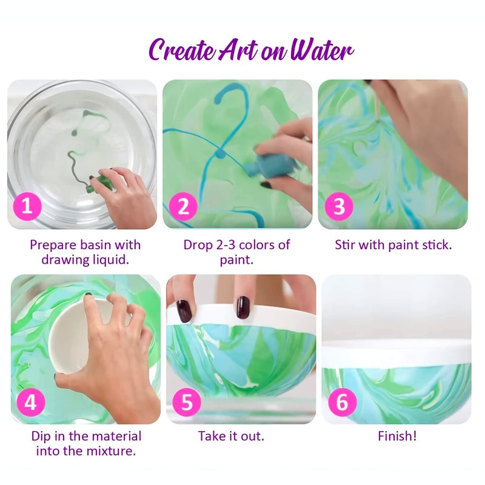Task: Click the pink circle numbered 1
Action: (27, 207)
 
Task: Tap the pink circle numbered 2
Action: (183, 207)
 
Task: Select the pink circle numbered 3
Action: (339, 207)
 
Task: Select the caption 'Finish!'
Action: (397, 436)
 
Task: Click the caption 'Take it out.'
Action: (231, 436)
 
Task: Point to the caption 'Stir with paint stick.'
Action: (393, 245)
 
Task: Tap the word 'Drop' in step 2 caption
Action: (198, 245)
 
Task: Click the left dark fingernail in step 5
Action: (184, 310)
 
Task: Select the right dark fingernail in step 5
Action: (242, 308)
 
